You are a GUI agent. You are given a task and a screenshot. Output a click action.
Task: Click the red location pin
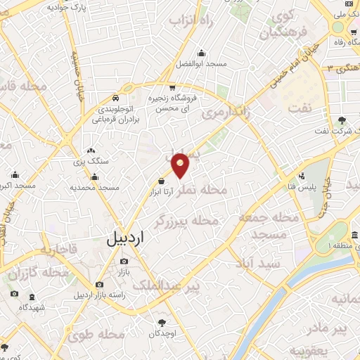click(181, 165)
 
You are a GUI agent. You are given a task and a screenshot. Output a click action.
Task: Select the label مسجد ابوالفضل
click(202, 65)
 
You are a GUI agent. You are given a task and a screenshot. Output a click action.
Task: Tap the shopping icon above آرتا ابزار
click(162, 180)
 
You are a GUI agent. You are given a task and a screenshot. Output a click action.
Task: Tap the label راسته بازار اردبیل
click(104, 295)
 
